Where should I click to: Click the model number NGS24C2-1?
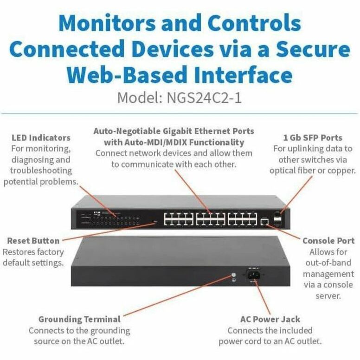click(204, 98)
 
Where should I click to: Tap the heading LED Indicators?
click(41, 138)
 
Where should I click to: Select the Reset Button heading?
click(33, 241)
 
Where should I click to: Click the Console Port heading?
click(328, 241)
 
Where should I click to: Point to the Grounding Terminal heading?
click(79, 319)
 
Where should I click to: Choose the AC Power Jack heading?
click(270, 319)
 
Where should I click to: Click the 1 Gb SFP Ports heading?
click(313, 138)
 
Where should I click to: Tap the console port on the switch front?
click(264, 222)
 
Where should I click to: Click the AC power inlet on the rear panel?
click(253, 275)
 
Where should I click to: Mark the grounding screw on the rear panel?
click(233, 275)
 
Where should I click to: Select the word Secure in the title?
click(313, 49)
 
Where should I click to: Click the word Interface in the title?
click(243, 75)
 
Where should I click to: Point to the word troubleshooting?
click(41, 171)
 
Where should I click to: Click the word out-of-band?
click(328, 263)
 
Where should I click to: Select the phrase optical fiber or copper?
click(313, 171)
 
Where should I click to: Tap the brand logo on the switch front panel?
click(97, 213)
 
